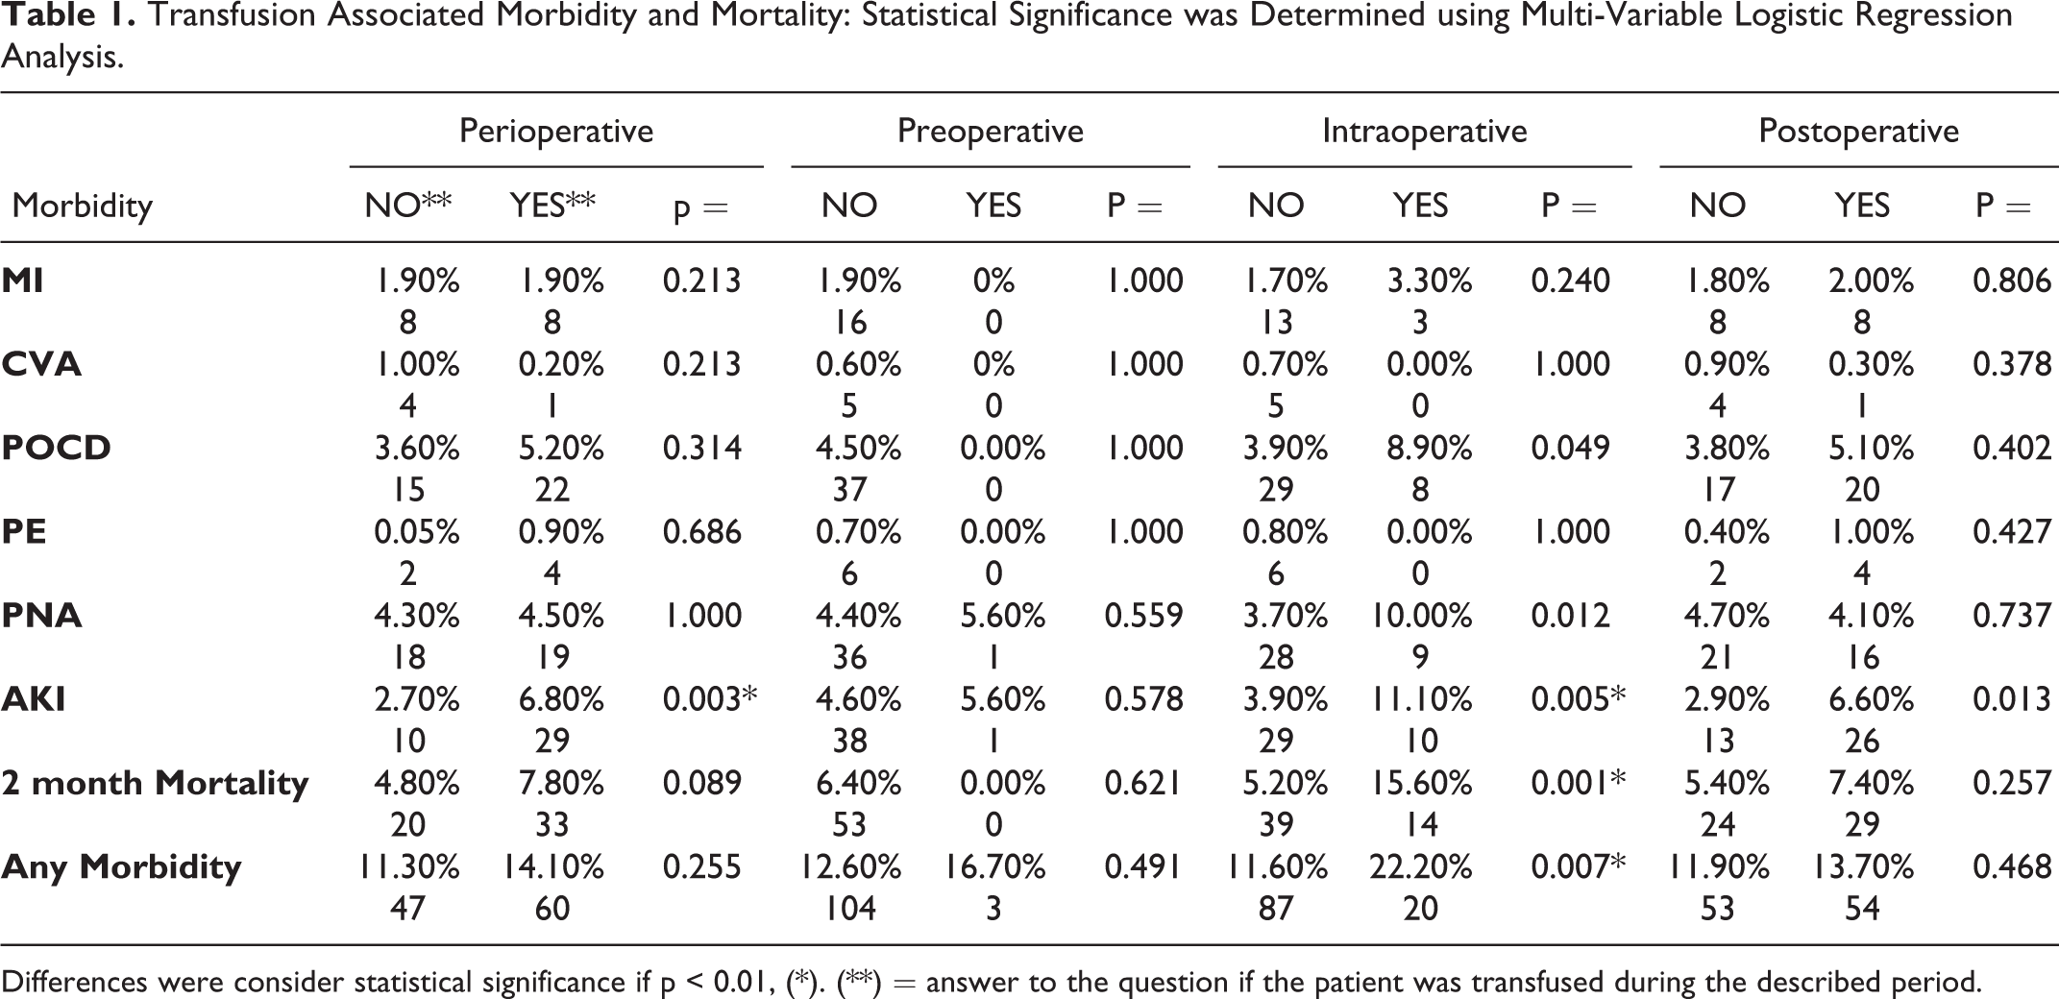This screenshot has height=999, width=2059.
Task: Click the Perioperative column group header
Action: pyautogui.click(x=556, y=132)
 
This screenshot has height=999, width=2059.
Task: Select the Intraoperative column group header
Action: pyautogui.click(x=1424, y=132)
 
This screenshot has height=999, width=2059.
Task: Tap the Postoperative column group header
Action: pyautogui.click(x=1858, y=132)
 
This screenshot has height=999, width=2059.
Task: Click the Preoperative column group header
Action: pyautogui.click(x=990, y=132)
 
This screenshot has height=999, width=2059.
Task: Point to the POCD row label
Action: pyautogui.click(x=57, y=449)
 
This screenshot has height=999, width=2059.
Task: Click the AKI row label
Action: pyautogui.click(x=34, y=699)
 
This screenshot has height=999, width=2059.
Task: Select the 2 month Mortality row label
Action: pyautogui.click(x=155, y=784)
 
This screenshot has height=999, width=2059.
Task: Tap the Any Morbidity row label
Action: pyautogui.click(x=121, y=867)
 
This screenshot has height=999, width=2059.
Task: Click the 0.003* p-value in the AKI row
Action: pyautogui.click(x=710, y=699)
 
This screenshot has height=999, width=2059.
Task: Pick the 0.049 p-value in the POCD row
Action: pyautogui.click(x=1571, y=449)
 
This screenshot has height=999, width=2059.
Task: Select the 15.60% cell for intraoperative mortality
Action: pyautogui.click(x=1420, y=784)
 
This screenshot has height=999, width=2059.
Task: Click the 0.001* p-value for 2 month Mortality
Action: pyautogui.click(x=1579, y=784)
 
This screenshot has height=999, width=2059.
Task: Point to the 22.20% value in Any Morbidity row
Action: pyautogui.click(x=1420, y=867)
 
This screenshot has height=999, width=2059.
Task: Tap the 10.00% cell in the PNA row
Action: pyautogui.click(x=1420, y=616)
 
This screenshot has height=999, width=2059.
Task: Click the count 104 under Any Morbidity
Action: pyautogui.click(x=850, y=909)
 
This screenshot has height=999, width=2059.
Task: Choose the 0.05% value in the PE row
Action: pyautogui.click(x=417, y=532)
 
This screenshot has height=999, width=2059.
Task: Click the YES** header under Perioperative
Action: pyautogui.click(x=552, y=206)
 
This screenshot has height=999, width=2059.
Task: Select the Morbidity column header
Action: pyautogui.click(x=82, y=207)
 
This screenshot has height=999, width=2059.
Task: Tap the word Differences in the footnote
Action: pyautogui.click(x=75, y=982)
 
